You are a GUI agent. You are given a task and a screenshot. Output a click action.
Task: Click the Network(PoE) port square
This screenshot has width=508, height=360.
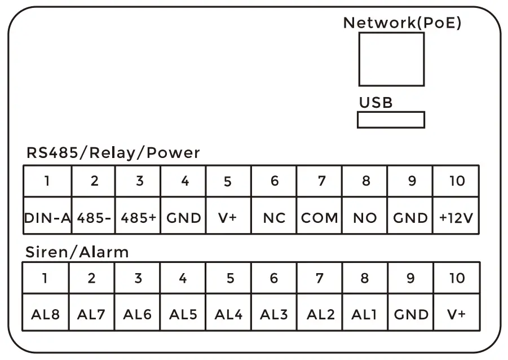click(x=391, y=59)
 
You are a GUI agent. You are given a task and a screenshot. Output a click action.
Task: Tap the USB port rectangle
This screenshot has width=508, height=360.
click(x=390, y=120)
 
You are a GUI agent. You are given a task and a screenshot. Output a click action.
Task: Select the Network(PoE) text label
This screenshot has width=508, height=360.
click(x=402, y=23)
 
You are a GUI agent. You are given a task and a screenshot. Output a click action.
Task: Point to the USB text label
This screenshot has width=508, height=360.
click(x=376, y=103)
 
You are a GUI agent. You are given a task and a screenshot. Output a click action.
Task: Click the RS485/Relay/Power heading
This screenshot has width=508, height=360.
click(x=113, y=153)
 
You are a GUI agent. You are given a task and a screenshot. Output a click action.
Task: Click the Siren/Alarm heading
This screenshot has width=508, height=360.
click(x=77, y=252)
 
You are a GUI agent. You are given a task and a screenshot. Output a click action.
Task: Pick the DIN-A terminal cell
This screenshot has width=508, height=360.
click(x=47, y=218)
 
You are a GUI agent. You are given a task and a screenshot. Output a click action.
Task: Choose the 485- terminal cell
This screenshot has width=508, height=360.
click(x=93, y=218)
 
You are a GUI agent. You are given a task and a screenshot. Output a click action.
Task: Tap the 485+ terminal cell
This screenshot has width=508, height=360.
click(x=138, y=218)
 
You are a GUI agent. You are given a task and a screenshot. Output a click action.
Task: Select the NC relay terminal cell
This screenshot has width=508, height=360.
click(x=274, y=218)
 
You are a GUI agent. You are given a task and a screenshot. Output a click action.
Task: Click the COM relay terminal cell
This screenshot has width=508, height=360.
click(x=320, y=218)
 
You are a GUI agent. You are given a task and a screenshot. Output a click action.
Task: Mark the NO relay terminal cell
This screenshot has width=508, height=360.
click(x=365, y=218)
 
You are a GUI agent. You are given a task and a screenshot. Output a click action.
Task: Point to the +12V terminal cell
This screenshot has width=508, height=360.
click(x=456, y=218)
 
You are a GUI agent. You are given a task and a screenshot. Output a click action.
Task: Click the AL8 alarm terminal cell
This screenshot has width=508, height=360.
click(x=46, y=314)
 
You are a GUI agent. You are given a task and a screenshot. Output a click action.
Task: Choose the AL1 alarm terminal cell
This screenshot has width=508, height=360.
click(x=364, y=314)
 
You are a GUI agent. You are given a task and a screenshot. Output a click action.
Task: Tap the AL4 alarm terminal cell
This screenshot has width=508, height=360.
click(x=228, y=314)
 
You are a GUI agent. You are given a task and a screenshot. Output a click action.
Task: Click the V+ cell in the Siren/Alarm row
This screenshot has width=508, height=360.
click(x=456, y=314)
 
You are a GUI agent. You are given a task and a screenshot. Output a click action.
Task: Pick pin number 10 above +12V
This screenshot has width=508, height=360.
click(x=456, y=181)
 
